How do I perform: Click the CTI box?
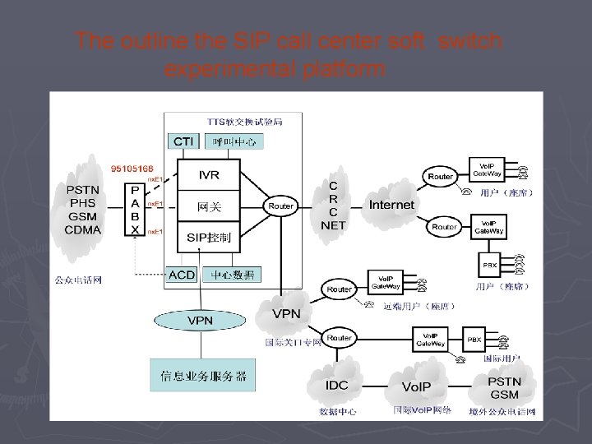(183, 142)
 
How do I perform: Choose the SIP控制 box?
(209, 238)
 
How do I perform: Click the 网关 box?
(209, 206)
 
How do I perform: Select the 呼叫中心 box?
(234, 142)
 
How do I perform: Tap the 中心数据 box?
(233, 275)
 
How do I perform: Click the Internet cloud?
(391, 203)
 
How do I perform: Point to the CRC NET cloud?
(333, 205)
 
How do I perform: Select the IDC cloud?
(337, 385)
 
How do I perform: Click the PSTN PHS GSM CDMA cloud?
(83, 210)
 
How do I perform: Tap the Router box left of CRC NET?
(280, 206)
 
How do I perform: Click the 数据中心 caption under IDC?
(337, 411)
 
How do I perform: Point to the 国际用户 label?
(500, 359)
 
